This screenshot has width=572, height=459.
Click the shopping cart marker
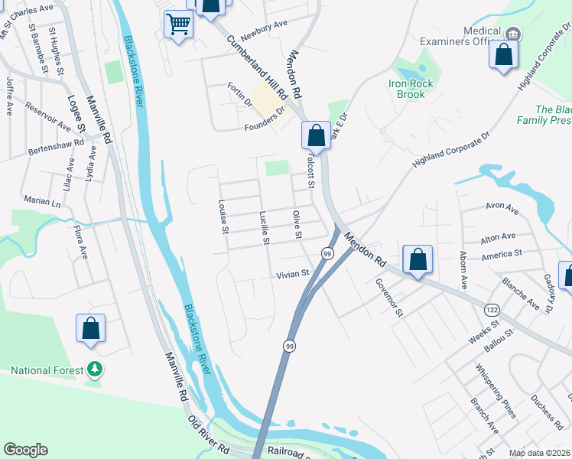click(178, 24)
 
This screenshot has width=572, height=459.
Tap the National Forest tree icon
click(95, 370)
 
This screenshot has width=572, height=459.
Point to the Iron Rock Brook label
click(411, 89)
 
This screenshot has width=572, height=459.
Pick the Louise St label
click(223, 216)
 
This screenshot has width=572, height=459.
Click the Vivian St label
click(293, 273)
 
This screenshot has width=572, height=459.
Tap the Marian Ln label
click(41, 201)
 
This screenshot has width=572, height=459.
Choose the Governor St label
click(388, 296)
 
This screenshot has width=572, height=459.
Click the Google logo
click(25, 450)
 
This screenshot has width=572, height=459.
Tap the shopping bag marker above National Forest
click(90, 328)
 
